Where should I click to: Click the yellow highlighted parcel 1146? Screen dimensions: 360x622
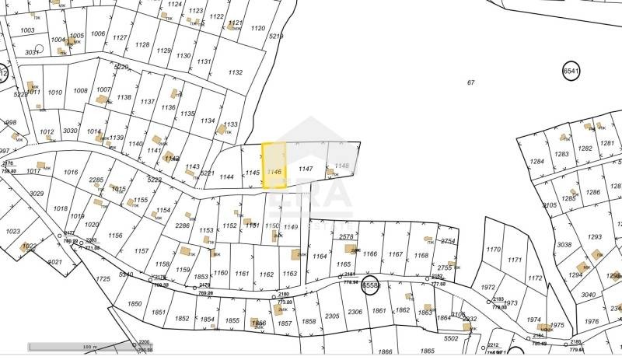click(x=274, y=166)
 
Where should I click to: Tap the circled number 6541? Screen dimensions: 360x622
click(x=571, y=71)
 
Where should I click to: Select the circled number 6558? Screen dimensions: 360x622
click(x=370, y=285)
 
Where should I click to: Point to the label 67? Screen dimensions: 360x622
click(x=470, y=82)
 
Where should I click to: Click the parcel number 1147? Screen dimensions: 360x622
click(x=306, y=168)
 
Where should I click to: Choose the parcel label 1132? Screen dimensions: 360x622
click(x=235, y=72)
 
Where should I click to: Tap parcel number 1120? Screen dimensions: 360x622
click(x=258, y=28)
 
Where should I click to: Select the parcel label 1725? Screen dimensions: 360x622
click(x=103, y=278)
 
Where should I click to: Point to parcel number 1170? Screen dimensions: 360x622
click(x=493, y=250)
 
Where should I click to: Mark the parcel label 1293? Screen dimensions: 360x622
click(x=595, y=236)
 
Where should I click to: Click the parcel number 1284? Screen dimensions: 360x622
click(x=537, y=162)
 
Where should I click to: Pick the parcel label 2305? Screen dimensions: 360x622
click(x=332, y=316)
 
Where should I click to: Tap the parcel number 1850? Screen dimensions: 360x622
click(x=135, y=304)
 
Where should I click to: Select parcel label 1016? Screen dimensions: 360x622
click(x=72, y=172)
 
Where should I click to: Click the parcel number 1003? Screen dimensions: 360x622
click(x=27, y=30)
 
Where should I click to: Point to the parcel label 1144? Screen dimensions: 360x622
click(x=226, y=177)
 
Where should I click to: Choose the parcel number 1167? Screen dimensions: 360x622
click(x=396, y=254)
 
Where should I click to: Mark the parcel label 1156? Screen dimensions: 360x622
click(x=115, y=236)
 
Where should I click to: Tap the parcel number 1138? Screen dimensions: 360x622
click(x=124, y=97)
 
